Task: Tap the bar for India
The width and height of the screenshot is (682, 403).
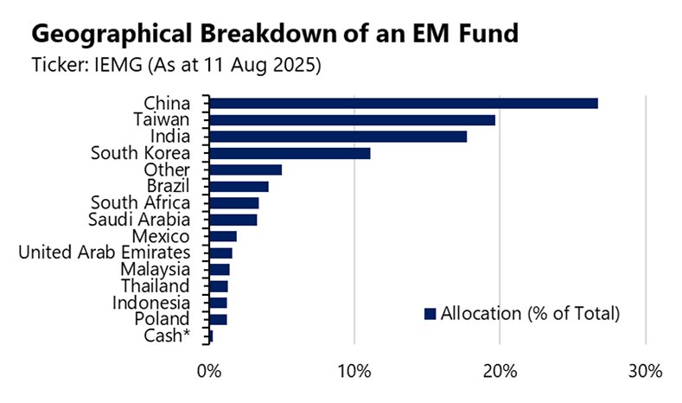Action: pos(338,137)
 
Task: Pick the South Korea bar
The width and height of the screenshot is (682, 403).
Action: pos(290,153)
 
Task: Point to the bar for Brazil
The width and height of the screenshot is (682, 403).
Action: pos(239,186)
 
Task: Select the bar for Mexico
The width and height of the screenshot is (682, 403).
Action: pos(223,236)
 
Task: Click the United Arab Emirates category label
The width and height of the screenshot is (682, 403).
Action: pos(104,253)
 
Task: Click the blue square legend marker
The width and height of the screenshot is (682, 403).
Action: pos(430,313)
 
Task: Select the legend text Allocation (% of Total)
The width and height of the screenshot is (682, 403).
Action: pos(530,313)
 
